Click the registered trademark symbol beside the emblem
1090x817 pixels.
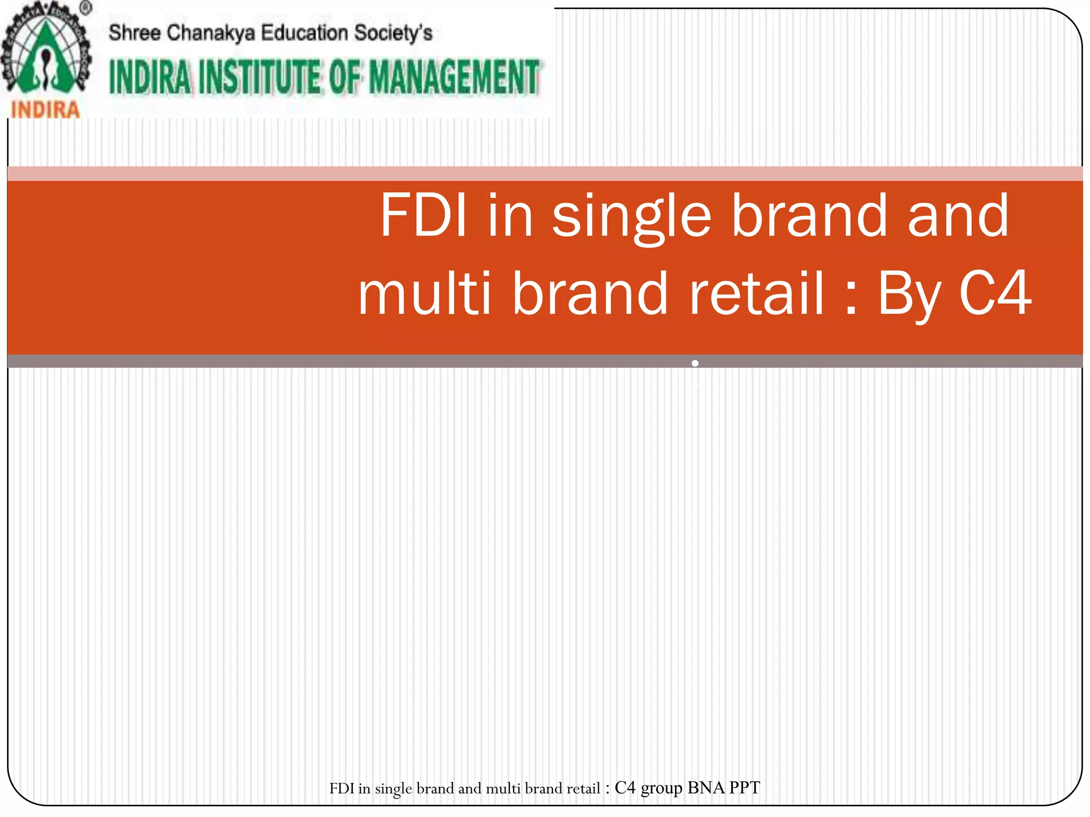click(86, 9)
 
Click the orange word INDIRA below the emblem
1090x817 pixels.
click(45, 110)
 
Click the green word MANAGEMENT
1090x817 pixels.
click(454, 78)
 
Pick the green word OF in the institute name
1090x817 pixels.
click(346, 78)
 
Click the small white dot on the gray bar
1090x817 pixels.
click(695, 363)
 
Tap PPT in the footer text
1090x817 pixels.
click(745, 788)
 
